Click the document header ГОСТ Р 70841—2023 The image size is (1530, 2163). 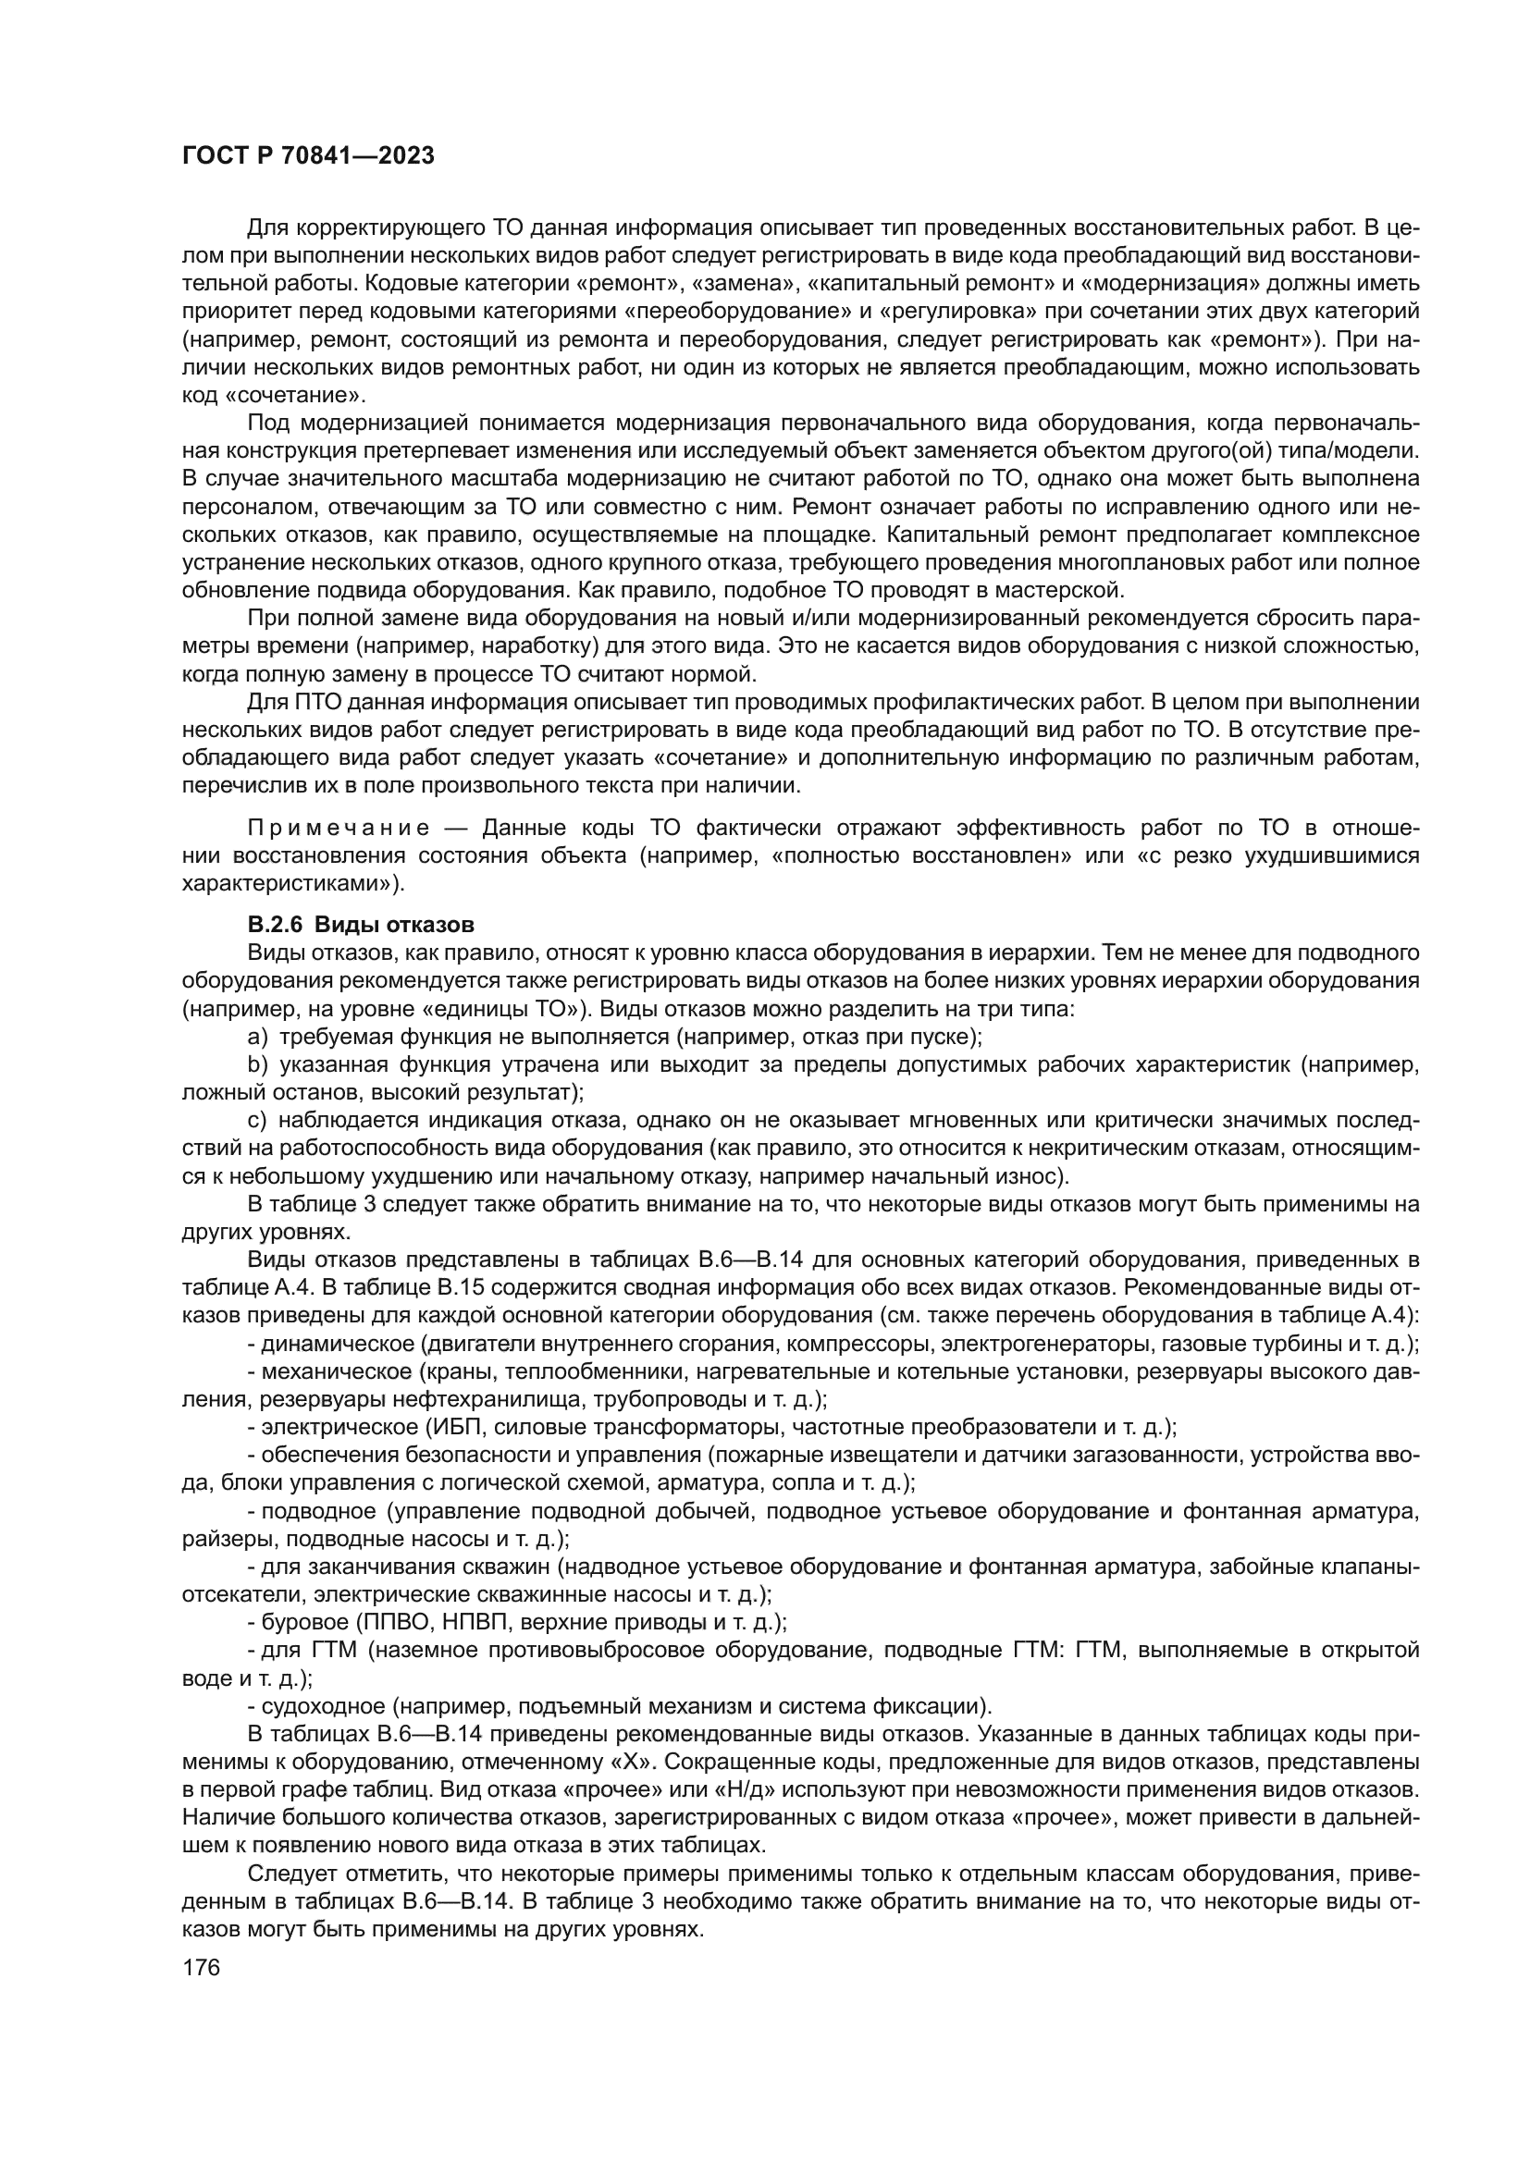pos(308,156)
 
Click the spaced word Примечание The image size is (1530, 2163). pos(339,828)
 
